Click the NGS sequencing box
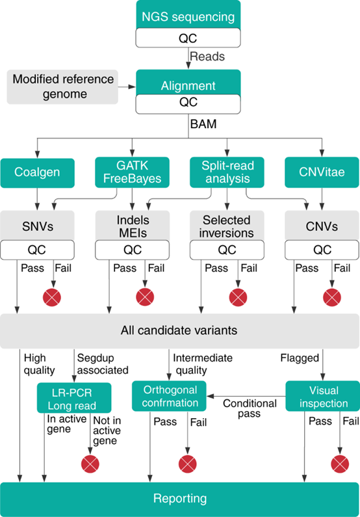188,15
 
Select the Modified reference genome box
62,87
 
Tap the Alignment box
188,83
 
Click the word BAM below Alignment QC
203,124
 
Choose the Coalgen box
37,173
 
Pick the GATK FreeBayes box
132,172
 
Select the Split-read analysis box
227,172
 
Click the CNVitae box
322,172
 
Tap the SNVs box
37,226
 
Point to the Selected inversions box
227,226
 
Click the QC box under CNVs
322,250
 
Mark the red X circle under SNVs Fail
52,297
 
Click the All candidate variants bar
179,331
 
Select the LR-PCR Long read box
74,398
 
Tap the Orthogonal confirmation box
169,396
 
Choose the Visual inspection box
322,396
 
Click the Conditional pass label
250,408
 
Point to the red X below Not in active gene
90,464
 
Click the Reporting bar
179,499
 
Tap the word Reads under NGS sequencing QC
207,57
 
